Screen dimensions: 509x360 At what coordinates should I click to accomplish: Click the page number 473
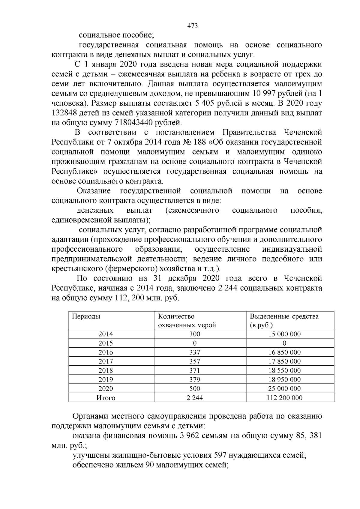(x=192, y=26)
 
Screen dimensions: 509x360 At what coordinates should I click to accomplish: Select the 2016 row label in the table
(x=106, y=352)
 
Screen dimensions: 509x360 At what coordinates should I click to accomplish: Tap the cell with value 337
(x=195, y=352)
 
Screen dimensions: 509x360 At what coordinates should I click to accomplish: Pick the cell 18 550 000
(x=284, y=370)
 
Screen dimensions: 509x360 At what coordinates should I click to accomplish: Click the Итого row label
(x=106, y=398)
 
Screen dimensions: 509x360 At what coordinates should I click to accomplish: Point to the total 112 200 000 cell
(x=284, y=398)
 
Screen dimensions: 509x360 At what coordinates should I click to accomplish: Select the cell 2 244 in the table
(x=195, y=398)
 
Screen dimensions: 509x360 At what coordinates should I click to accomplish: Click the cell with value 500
(x=195, y=389)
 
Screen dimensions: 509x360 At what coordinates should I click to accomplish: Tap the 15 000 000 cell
(x=284, y=334)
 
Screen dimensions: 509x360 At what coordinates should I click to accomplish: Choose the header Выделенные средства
(x=284, y=316)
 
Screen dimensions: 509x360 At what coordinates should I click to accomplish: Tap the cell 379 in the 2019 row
(x=195, y=379)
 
